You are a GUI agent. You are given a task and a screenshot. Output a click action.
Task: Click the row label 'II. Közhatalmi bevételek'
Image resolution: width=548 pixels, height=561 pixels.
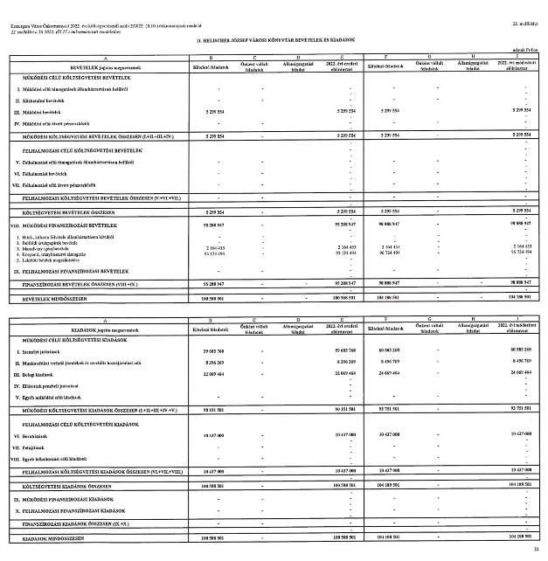point(40,101)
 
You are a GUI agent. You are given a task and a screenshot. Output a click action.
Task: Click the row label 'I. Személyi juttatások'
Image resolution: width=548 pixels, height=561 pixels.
point(38,350)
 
